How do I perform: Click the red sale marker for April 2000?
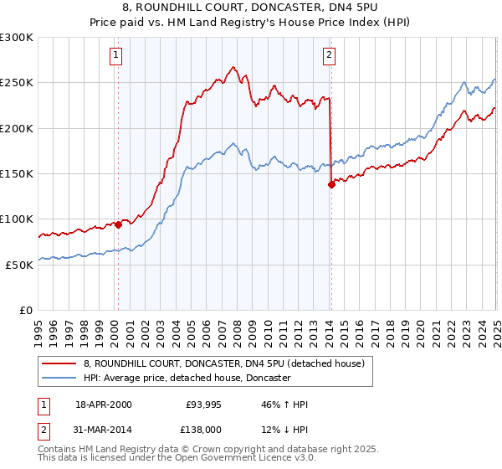(x=119, y=224)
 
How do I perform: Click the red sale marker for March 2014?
(x=331, y=184)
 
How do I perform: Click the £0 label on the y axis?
(x=25, y=310)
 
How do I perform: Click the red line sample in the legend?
(x=59, y=364)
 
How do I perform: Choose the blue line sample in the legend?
(x=59, y=379)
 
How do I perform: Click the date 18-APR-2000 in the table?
(x=103, y=405)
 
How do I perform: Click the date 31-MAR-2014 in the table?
(x=103, y=429)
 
